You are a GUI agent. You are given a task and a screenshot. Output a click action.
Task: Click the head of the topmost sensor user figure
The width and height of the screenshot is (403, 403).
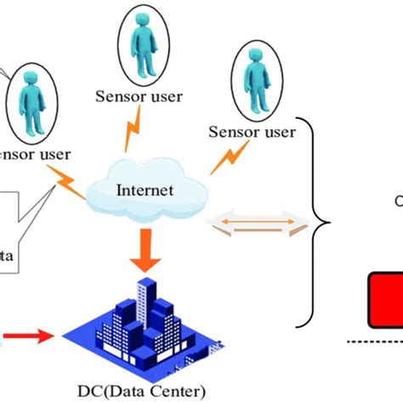click(x=142, y=26)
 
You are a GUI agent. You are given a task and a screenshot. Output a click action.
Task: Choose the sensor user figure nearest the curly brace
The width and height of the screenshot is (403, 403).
click(x=253, y=80)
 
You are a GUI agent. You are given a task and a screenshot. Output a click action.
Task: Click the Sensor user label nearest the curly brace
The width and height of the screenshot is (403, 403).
click(x=253, y=132)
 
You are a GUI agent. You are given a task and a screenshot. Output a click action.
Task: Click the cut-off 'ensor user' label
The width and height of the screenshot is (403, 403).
click(x=34, y=155)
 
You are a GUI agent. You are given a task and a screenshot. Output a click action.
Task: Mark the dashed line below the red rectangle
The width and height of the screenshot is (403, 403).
click(x=375, y=340)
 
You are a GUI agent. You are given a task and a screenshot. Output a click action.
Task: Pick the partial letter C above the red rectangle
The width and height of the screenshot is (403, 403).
click(x=398, y=202)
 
